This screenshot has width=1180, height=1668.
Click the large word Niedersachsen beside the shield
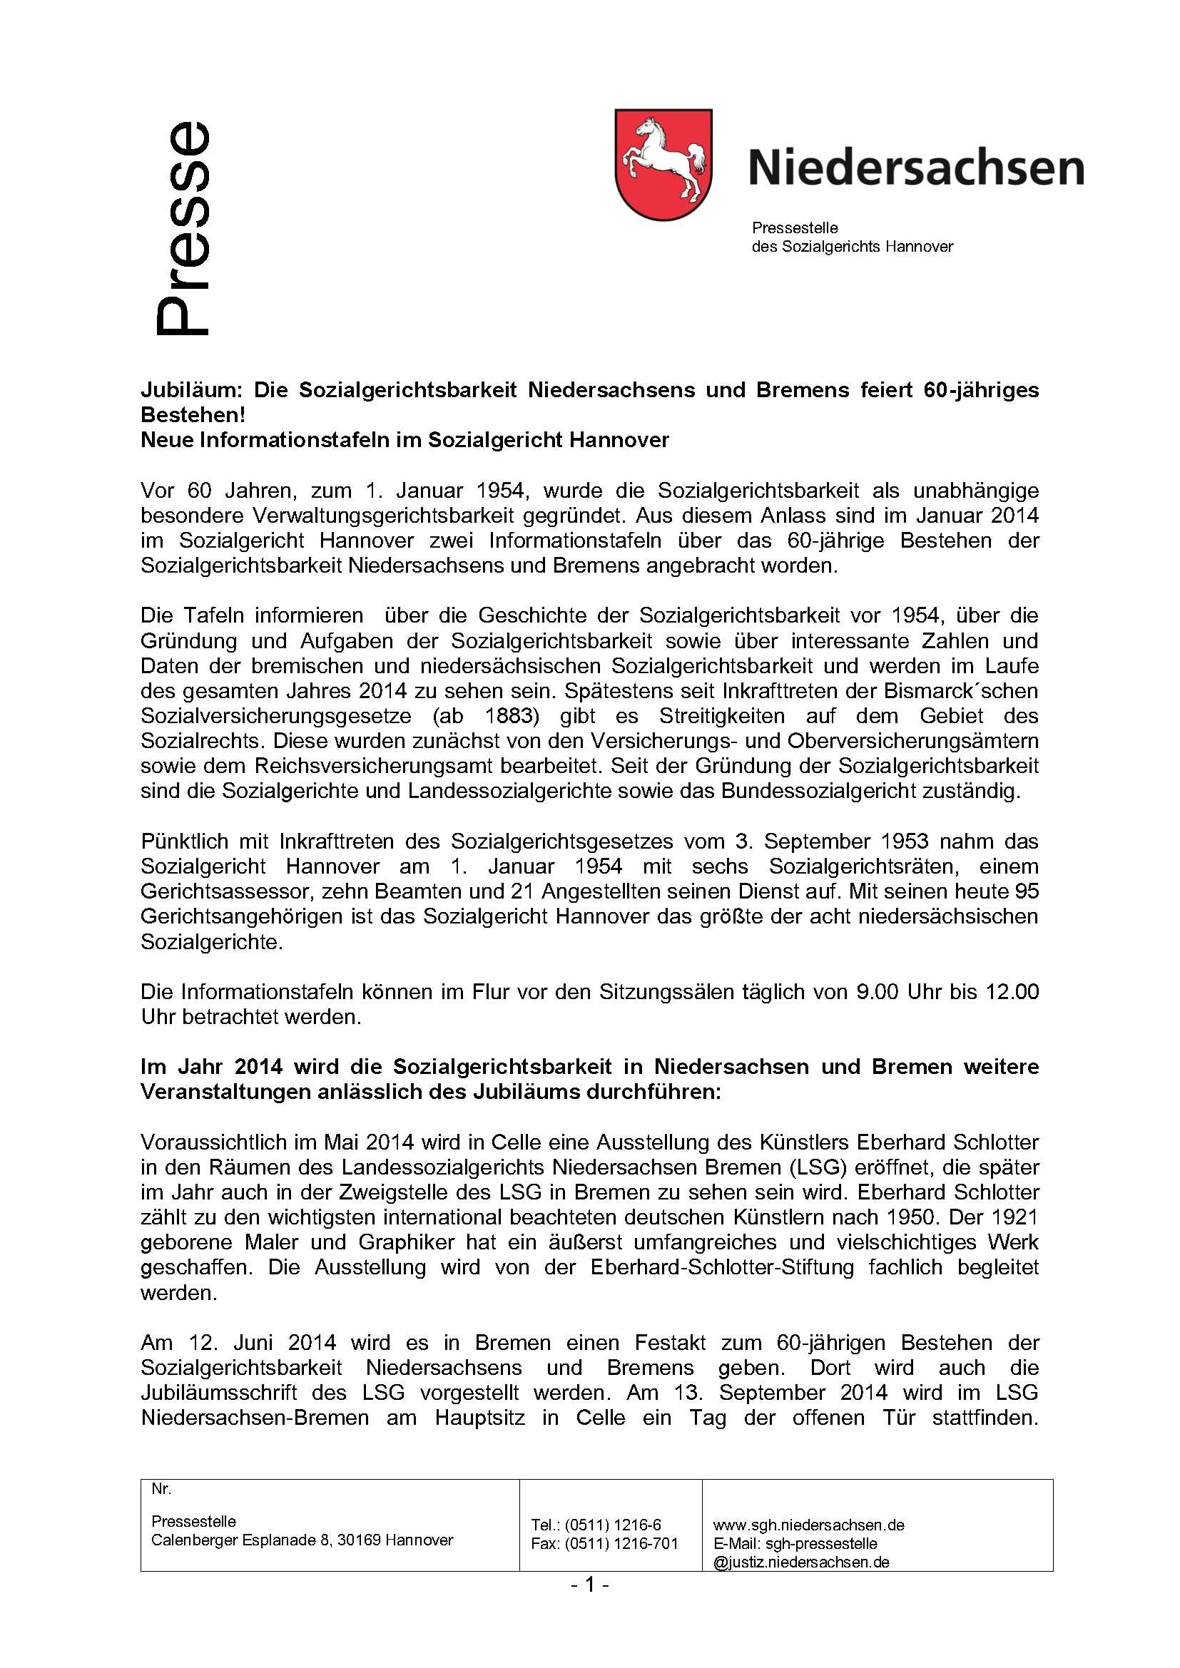tap(915, 168)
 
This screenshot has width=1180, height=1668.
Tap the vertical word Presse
tap(183, 228)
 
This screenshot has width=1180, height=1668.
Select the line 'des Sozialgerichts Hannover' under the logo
tap(852, 247)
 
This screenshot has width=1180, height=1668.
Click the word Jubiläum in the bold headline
tap(190, 391)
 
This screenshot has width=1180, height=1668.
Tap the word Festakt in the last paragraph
tap(669, 1344)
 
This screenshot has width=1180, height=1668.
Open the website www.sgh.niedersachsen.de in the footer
tap(808, 1525)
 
